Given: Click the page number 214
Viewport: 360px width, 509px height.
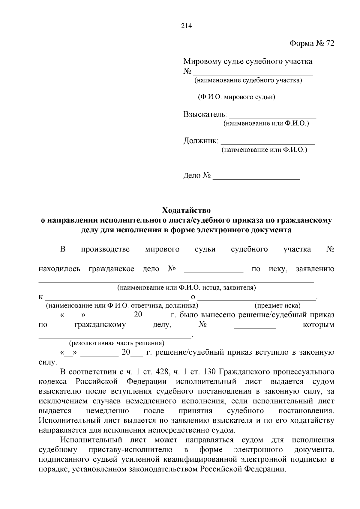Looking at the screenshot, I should [x=186, y=26].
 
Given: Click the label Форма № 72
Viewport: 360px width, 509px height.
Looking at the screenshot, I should [x=311, y=43].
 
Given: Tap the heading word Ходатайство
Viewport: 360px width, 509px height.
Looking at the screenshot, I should [x=186, y=210].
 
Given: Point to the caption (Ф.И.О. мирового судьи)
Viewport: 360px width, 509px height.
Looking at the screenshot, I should [x=236, y=97].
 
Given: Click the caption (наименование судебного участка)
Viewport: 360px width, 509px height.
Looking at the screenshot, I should [x=248, y=80].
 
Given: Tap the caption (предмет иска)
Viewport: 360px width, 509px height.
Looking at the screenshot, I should [x=277, y=305].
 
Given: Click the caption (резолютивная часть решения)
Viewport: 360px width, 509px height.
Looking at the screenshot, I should [x=117, y=343].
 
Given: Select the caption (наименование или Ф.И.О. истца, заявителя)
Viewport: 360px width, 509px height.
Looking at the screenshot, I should [x=186, y=288].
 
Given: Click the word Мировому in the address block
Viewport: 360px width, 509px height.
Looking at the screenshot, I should [x=202, y=62].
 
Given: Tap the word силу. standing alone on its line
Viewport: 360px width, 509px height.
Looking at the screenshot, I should [x=48, y=362].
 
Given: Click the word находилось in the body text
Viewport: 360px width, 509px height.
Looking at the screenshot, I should [x=59, y=269].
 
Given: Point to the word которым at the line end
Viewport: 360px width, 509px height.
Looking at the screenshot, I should [x=318, y=325].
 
